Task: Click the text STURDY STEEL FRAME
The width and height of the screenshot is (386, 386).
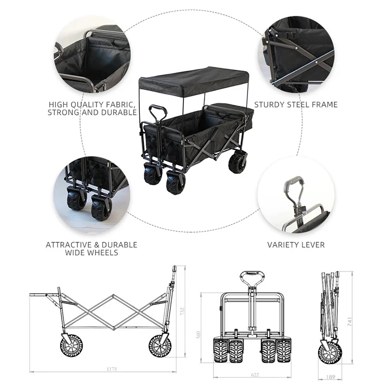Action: (x=296, y=104)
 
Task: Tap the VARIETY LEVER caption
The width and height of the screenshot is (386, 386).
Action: (x=296, y=245)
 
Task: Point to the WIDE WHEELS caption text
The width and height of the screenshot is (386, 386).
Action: (x=92, y=252)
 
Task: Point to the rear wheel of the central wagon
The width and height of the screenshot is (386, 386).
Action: (x=237, y=163)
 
